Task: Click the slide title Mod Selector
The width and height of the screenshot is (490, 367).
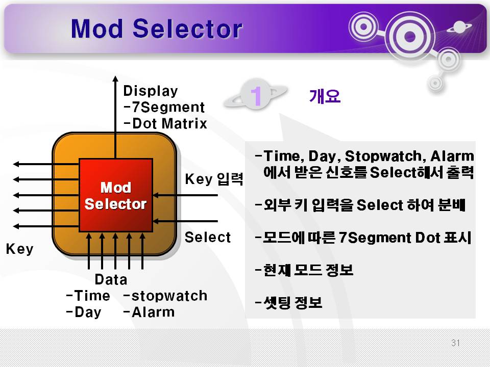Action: pos(157,29)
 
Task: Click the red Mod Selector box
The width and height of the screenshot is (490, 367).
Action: pos(116,195)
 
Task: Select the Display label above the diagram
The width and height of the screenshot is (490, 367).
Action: pos(150,91)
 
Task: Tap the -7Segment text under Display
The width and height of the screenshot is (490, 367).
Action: pos(164,107)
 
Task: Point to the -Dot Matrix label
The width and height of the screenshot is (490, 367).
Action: pos(165,123)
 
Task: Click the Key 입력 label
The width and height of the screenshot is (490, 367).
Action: pos(214,179)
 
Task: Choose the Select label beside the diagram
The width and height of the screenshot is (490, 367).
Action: pos(208,237)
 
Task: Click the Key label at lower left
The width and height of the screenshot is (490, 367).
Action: pos(19,249)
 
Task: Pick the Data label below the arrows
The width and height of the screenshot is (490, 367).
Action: pos(111,279)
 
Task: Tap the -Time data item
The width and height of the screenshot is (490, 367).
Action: pos(88,296)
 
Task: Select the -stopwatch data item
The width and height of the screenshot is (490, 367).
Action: pos(165,296)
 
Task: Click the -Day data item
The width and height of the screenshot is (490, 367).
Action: pos(84,312)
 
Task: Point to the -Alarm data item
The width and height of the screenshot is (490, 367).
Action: pos(149,312)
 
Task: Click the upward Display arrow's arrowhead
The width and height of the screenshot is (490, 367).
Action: pos(115,78)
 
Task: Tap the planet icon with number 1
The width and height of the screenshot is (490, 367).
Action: pos(255,95)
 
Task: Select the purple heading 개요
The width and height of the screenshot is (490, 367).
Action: pos(325,96)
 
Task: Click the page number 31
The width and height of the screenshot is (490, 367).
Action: pos(455,343)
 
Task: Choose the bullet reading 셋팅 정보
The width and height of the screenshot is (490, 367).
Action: pos(288,302)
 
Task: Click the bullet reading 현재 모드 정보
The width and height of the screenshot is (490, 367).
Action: pos(304,270)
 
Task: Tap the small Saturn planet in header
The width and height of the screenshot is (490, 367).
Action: pos(459,27)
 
